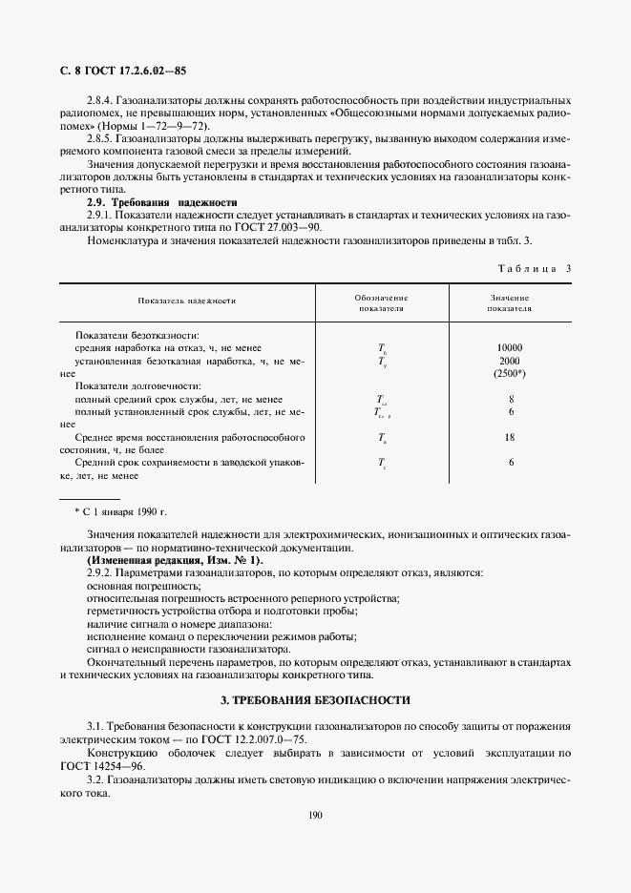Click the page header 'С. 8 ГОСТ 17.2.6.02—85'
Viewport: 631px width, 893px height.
coord(123,71)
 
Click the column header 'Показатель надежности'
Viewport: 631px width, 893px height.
coord(186,301)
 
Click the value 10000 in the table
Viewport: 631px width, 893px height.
coord(511,348)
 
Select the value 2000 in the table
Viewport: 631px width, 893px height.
coord(511,362)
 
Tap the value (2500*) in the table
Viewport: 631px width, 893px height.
coord(511,375)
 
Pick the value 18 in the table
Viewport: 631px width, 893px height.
coord(511,437)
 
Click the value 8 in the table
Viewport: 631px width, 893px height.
coord(511,399)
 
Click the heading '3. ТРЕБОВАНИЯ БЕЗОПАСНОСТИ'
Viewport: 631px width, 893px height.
coord(315,699)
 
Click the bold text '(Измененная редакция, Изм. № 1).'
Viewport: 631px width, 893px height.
coord(175,560)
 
